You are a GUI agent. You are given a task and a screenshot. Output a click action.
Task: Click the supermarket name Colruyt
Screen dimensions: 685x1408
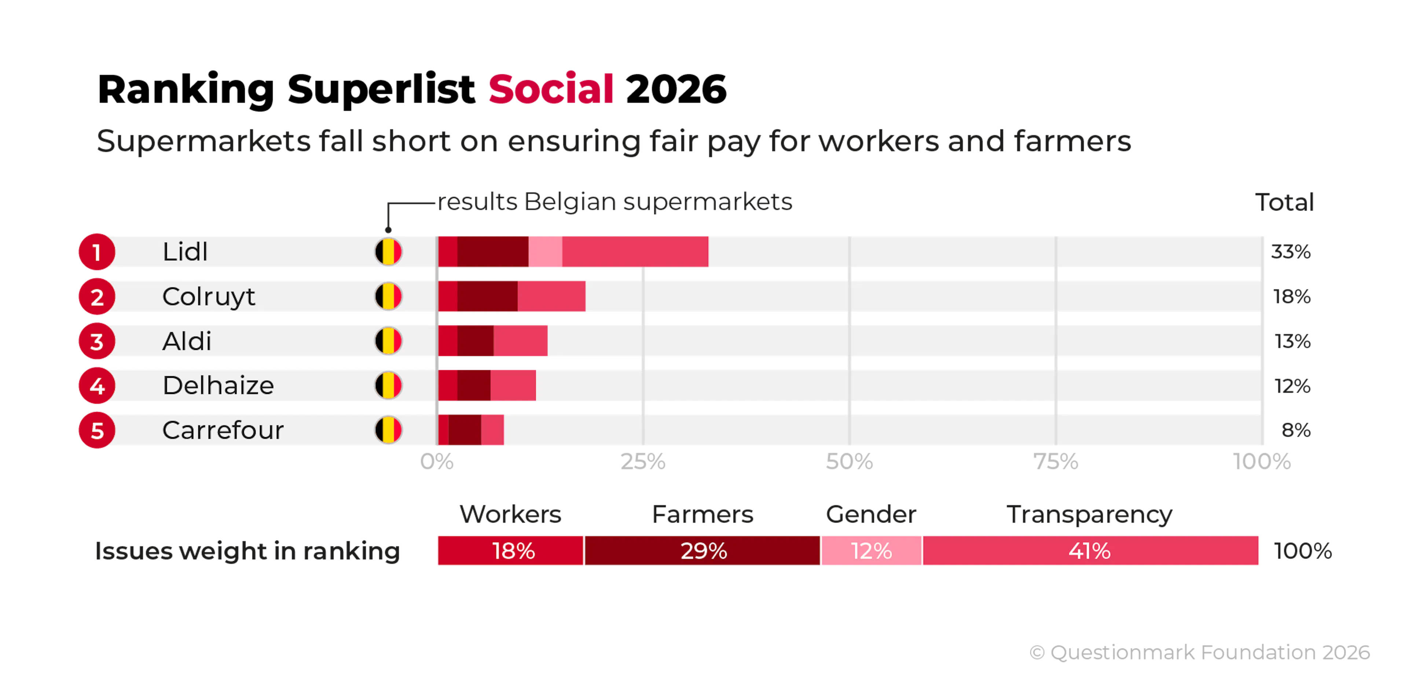(x=208, y=297)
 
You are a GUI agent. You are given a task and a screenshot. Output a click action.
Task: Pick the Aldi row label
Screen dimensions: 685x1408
(x=186, y=341)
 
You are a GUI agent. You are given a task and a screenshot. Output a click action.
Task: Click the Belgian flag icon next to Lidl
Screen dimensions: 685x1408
(x=388, y=252)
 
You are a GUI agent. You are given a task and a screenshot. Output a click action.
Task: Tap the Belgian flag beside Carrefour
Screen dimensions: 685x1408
(x=388, y=430)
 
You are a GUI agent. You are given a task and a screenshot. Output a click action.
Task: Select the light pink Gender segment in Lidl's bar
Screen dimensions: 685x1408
(x=545, y=252)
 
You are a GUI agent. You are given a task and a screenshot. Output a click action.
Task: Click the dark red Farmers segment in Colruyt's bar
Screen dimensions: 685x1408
(x=487, y=297)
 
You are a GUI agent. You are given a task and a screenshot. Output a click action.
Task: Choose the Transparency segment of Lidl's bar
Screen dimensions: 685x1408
(x=635, y=252)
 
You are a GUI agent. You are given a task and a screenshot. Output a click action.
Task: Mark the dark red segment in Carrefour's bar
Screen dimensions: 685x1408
(x=465, y=430)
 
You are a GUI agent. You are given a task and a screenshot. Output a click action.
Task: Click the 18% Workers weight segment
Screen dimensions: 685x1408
(x=511, y=550)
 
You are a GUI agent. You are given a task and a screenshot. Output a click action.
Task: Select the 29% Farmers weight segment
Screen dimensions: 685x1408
(x=703, y=550)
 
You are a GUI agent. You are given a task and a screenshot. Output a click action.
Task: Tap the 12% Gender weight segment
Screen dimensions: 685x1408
(x=871, y=550)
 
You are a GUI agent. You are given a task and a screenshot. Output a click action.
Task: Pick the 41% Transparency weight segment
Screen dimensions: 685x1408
(x=1090, y=550)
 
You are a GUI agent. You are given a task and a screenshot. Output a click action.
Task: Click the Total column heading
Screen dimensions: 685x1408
(x=1283, y=202)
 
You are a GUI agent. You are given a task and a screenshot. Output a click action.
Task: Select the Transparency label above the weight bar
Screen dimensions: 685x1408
(x=1089, y=515)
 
